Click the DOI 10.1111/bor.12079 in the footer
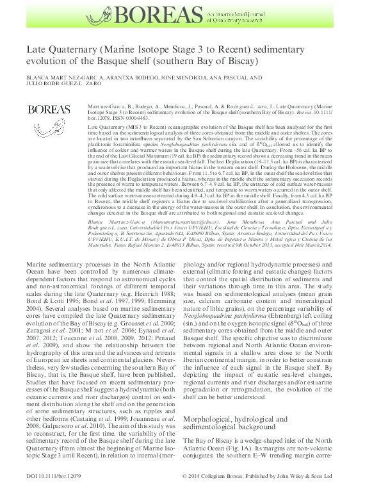51,494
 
